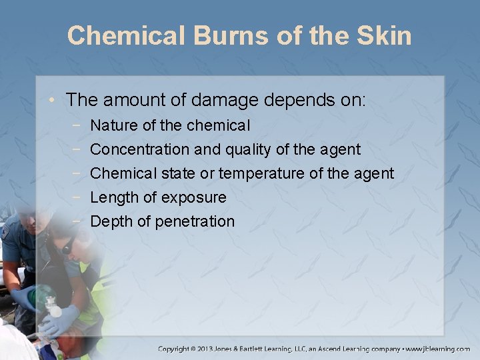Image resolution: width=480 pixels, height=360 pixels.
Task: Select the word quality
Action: (x=248, y=149)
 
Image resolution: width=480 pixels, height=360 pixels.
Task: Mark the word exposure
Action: (x=193, y=198)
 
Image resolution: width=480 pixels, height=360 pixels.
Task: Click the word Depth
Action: (x=111, y=221)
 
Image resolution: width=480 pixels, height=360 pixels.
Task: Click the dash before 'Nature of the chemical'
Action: (x=79, y=125)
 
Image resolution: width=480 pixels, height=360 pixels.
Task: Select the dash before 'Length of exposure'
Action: (x=79, y=197)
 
